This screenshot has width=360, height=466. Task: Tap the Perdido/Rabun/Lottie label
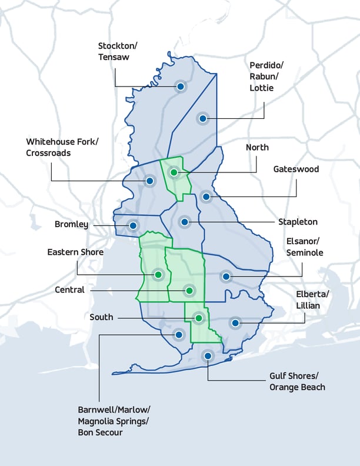pos(261,76)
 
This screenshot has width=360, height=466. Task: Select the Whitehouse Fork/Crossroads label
pos(62,147)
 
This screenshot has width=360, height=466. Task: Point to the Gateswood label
pos(296,169)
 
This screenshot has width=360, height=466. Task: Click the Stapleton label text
pos(298,222)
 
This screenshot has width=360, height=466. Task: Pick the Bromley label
pos(71,224)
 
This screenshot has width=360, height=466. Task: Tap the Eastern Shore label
pos(75,252)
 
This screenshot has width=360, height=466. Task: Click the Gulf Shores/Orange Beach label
pos(297,381)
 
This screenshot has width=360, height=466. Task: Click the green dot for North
pos(174,172)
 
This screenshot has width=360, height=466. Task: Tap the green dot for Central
pos(189,290)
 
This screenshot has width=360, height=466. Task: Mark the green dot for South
pos(199,318)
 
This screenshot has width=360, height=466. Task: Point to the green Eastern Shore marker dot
pos(158,274)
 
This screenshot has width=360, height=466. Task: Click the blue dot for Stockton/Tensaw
pos(181,86)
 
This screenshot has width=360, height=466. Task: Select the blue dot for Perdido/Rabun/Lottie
pos(202,118)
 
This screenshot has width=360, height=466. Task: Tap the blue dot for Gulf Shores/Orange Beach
pos(207,355)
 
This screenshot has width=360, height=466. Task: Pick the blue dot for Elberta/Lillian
pos(235,322)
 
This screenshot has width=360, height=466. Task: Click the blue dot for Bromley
pos(133,225)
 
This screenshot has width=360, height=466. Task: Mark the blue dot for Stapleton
pos(185,222)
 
